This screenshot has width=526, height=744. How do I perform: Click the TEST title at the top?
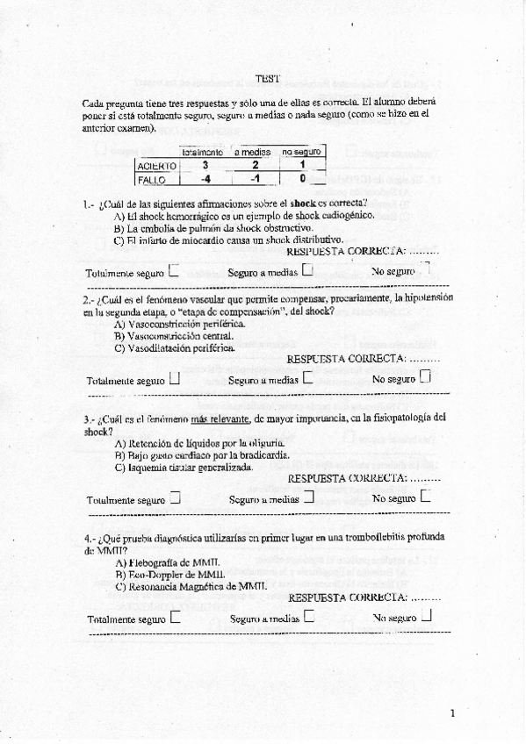pos(268,78)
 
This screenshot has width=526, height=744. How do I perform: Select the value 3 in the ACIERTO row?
pos(205,164)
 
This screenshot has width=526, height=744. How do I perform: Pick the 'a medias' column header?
pos(253,152)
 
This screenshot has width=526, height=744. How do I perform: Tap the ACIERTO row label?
pos(156,165)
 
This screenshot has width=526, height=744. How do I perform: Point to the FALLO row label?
pos(151,179)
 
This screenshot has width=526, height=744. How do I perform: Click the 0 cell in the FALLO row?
pos(302,179)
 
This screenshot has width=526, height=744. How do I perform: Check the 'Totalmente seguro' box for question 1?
pos(174,271)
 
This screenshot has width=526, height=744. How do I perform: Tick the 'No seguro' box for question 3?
pos(426,497)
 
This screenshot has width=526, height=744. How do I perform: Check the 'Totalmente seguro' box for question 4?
pos(176,617)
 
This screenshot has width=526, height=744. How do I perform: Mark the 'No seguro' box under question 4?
pos(427,615)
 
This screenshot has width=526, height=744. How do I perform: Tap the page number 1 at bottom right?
pos(452,712)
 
